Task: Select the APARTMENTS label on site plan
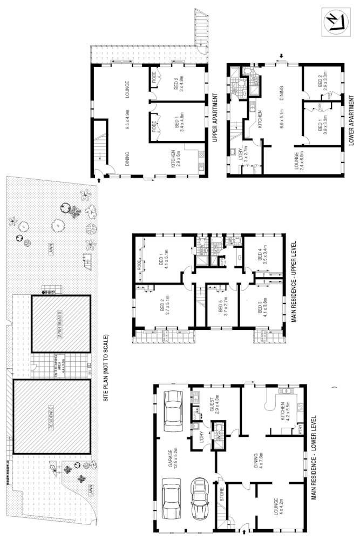click(60, 322)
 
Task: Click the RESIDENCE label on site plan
click(51, 416)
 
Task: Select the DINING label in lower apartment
click(281, 96)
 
